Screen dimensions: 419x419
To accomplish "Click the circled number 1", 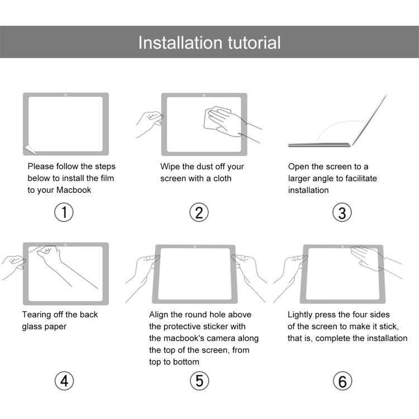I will click(x=64, y=212).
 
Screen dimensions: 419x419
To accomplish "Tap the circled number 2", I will click(x=199, y=212).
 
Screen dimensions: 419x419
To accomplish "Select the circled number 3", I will click(x=342, y=212).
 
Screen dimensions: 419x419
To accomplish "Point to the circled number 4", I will click(x=64, y=381).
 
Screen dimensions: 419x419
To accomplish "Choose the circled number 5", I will click(x=199, y=381).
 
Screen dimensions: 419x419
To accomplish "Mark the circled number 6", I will click(x=342, y=381).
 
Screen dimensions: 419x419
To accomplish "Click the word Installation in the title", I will click(x=174, y=42).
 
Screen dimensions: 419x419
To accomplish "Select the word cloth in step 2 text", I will click(x=221, y=178).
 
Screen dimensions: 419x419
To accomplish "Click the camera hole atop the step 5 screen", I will click(x=194, y=246).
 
